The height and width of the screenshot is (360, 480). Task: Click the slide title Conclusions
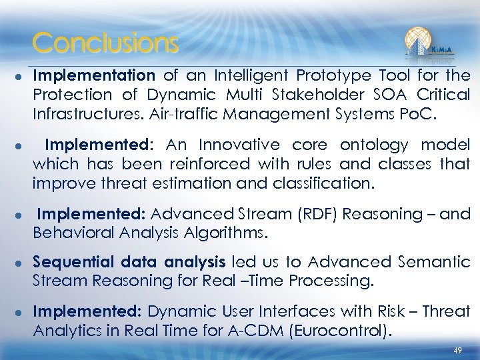click(x=105, y=43)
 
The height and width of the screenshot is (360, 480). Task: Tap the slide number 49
click(x=457, y=350)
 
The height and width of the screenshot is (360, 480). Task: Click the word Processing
click(x=330, y=281)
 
